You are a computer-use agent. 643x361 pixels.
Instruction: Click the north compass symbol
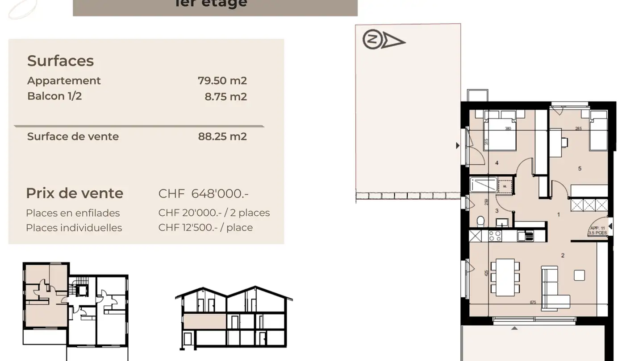tap(383, 41)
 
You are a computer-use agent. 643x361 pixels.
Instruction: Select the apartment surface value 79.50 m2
tap(222, 81)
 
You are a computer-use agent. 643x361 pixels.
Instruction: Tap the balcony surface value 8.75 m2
tap(225, 97)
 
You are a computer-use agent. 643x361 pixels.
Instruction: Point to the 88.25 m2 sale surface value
tap(222, 136)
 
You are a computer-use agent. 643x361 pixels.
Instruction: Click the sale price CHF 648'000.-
tap(203, 193)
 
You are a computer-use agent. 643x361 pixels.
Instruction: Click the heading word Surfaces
tap(60, 61)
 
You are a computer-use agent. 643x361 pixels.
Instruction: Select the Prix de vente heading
tap(75, 193)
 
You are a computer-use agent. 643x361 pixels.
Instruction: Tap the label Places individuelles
tap(74, 228)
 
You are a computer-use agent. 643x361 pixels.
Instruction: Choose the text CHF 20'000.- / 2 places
tap(214, 213)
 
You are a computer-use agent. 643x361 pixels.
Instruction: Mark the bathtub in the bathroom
tap(483, 185)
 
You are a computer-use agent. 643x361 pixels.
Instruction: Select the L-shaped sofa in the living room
tap(553, 289)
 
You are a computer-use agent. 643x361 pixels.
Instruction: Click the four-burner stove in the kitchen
tap(495, 235)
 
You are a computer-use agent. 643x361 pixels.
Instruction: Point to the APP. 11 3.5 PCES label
tap(597, 230)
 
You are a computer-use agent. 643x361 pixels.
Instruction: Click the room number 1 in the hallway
tap(559, 214)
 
